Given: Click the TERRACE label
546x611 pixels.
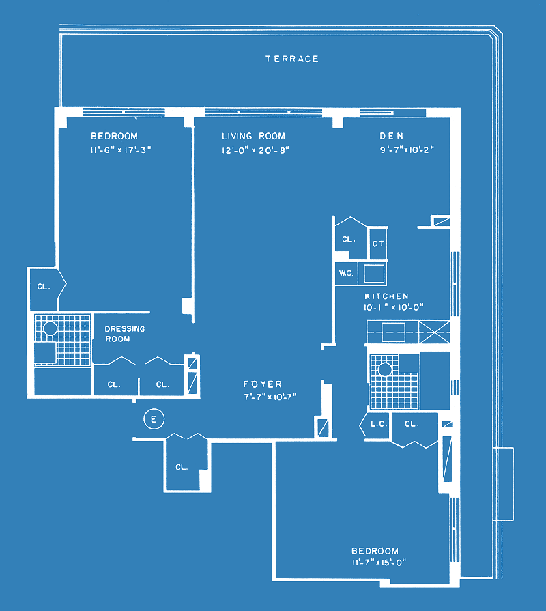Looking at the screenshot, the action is (x=292, y=59).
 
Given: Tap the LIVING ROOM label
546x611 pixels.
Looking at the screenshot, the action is (x=253, y=136).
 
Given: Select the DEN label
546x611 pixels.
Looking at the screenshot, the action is (x=391, y=136).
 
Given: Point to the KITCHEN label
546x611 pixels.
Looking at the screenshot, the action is (x=386, y=296).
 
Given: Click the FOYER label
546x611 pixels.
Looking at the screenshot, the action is (x=263, y=384).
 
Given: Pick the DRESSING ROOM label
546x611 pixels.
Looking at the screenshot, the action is (x=125, y=334).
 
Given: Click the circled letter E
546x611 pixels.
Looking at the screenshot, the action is (x=154, y=419).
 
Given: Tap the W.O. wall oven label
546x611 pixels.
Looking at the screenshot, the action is (x=346, y=273).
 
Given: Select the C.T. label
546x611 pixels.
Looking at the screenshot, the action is (x=378, y=244).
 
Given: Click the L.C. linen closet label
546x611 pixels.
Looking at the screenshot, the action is (x=378, y=424).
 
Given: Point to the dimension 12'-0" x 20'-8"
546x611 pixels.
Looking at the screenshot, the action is (x=255, y=150).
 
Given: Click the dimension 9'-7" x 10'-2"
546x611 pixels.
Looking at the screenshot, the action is (x=407, y=150).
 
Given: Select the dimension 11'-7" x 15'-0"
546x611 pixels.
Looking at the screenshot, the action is (x=379, y=563).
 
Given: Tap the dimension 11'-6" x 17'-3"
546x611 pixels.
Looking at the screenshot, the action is (x=121, y=150).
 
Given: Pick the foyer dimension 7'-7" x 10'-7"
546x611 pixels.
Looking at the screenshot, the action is (x=270, y=397).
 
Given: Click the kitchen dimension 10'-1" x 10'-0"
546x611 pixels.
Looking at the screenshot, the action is (x=393, y=307).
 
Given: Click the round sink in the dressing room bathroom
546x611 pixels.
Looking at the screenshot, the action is (x=51, y=328).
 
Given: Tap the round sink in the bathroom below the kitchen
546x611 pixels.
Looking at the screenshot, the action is (x=385, y=369).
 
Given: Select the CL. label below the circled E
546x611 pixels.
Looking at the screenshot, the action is (x=182, y=467).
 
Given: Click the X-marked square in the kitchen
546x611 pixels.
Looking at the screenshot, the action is (x=434, y=332).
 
